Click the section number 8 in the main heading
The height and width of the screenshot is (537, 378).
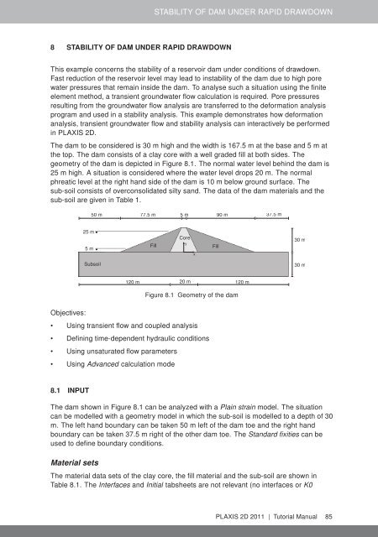click(53, 47)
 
